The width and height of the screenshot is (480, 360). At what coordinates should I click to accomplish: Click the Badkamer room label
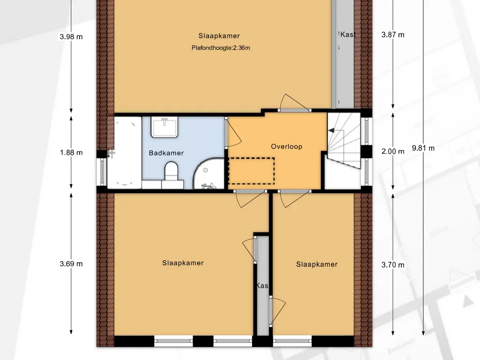(166, 153)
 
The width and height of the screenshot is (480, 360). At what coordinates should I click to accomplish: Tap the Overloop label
(286, 146)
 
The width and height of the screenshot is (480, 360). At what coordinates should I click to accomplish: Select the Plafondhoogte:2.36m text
(221, 48)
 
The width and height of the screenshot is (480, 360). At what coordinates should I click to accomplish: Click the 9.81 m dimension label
(423, 148)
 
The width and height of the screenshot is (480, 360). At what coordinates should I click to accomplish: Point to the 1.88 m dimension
(71, 152)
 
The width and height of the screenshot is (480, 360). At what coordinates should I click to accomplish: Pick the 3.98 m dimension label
(71, 37)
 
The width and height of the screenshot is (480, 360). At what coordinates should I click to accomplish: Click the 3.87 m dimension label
(393, 35)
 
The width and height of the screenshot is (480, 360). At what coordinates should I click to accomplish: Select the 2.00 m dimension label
(393, 151)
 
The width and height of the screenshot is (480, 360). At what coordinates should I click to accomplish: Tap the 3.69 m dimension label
(71, 263)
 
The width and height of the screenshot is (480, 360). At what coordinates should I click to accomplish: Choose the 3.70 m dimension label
(393, 264)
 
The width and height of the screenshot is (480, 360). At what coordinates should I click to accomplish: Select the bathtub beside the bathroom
(124, 152)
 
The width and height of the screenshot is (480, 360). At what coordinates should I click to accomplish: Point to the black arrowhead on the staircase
(331, 130)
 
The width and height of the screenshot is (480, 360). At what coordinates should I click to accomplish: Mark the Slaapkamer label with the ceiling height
(219, 36)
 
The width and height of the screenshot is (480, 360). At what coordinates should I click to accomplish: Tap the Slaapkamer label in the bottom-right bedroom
(317, 264)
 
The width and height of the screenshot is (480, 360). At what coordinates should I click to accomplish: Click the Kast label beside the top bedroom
(348, 34)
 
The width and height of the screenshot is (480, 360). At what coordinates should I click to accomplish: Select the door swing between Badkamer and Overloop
(234, 132)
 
